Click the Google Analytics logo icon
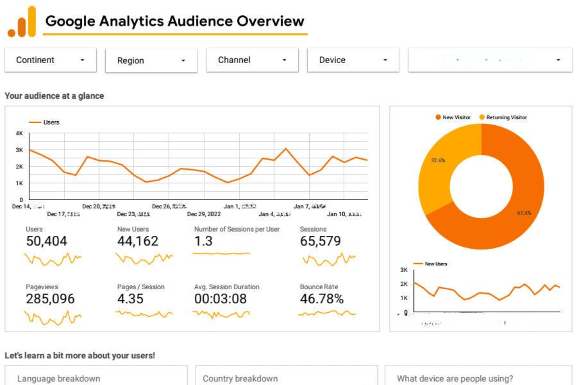(x=22, y=22)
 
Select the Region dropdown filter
(x=151, y=61)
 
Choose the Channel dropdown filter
(x=252, y=60)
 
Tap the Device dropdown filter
(x=353, y=60)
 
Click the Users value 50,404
(x=47, y=241)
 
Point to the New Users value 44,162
(x=138, y=241)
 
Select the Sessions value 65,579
(x=320, y=241)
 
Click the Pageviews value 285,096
(x=50, y=299)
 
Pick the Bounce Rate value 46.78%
(x=322, y=299)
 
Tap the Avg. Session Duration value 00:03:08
(x=220, y=299)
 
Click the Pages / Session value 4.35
(x=130, y=299)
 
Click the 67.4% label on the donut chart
(x=524, y=213)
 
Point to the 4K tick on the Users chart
(x=19, y=133)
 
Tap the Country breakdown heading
(x=240, y=379)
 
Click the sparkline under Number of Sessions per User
(x=221, y=253)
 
